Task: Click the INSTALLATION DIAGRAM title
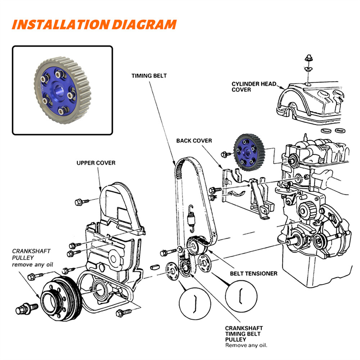94,24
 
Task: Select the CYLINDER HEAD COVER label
254,87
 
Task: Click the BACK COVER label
194,140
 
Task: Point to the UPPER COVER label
96,163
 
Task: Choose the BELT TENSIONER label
253,274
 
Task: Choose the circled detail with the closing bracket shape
195,303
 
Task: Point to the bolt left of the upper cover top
80,202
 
